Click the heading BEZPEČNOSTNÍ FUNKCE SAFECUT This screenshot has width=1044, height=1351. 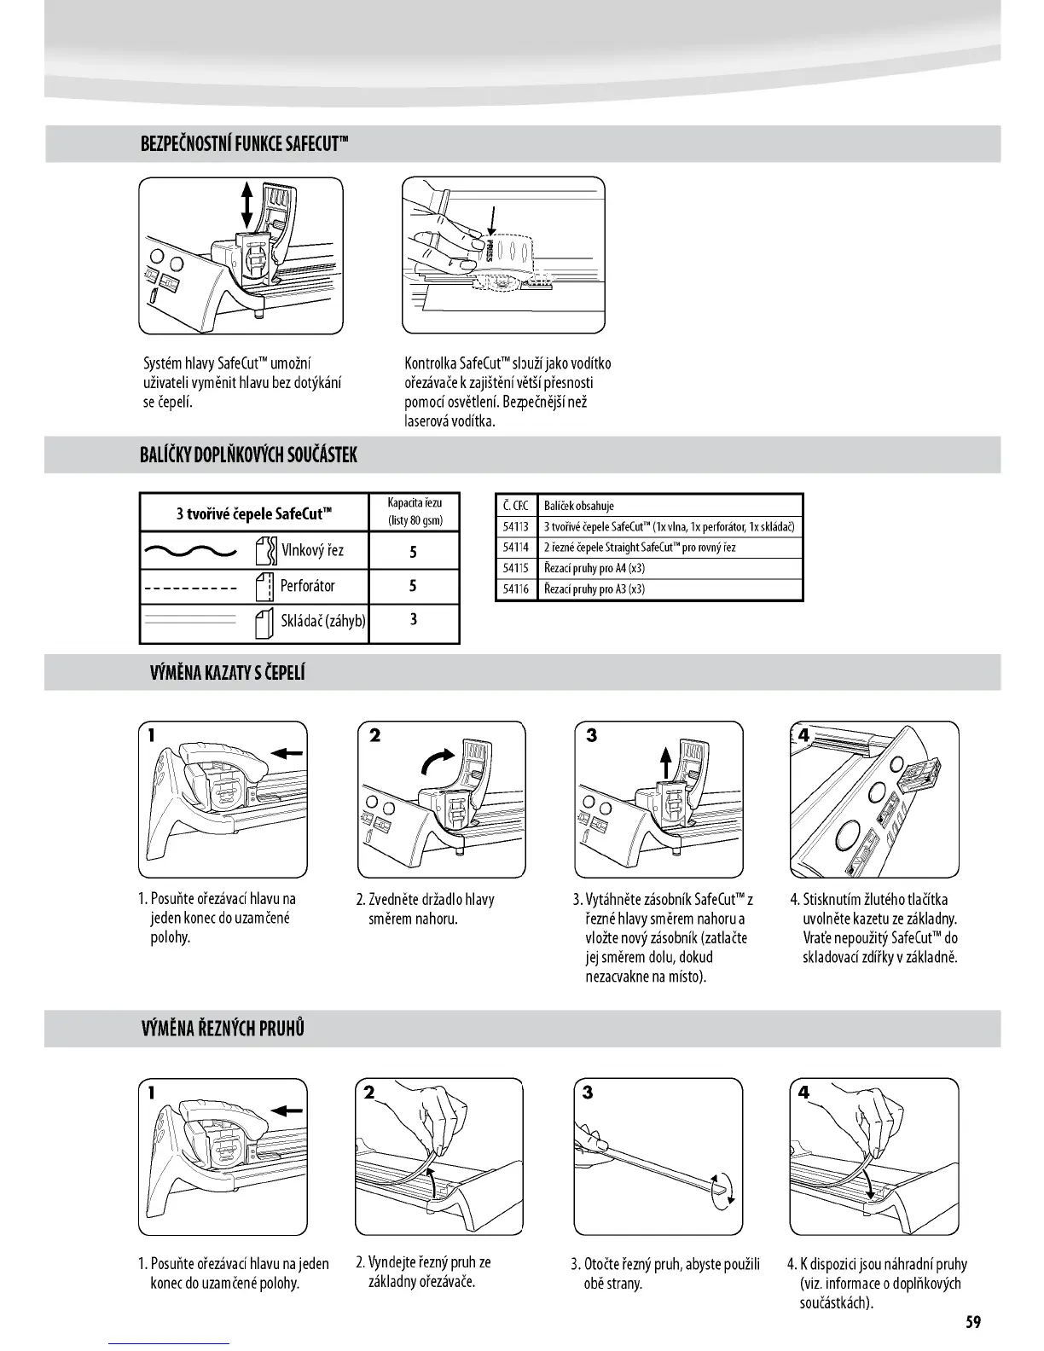point(245,143)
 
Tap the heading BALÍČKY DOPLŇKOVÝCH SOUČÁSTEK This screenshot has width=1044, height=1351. point(248,455)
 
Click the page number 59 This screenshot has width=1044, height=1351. point(973,1322)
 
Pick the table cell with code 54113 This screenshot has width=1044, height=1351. point(515,526)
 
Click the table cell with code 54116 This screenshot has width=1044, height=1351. point(515,589)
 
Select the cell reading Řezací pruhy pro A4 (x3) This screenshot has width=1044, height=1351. point(594,568)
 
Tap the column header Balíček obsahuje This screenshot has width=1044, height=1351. point(578,506)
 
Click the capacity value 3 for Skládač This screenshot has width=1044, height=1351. point(414,619)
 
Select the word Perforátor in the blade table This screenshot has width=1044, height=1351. point(308,586)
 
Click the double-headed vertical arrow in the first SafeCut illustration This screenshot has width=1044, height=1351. point(247,204)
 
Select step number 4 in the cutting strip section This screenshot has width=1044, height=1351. point(803,1093)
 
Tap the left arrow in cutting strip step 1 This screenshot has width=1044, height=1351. point(287,1110)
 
